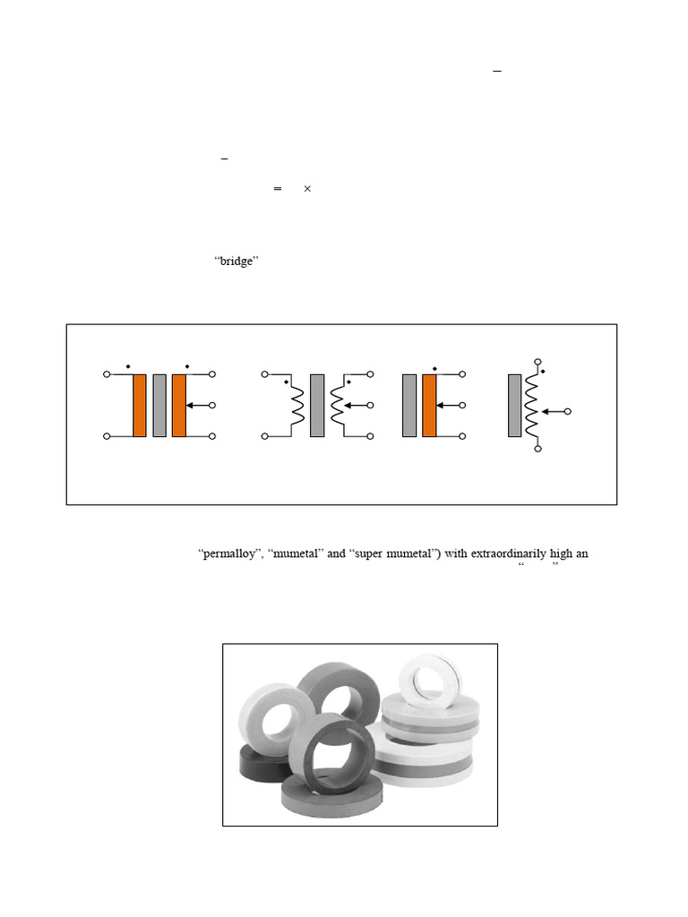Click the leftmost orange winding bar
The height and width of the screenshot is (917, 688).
pos(140,405)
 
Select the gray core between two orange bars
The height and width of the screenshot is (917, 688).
pos(159,405)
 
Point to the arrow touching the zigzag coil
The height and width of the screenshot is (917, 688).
pos(555,412)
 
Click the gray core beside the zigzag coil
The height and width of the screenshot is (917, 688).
pos(514,405)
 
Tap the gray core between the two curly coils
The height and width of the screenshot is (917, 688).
pos(317,405)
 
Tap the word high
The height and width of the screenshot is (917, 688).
pos(560,553)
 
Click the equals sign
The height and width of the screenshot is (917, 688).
pos(278,189)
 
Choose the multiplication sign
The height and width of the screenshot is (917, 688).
pos(306,189)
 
